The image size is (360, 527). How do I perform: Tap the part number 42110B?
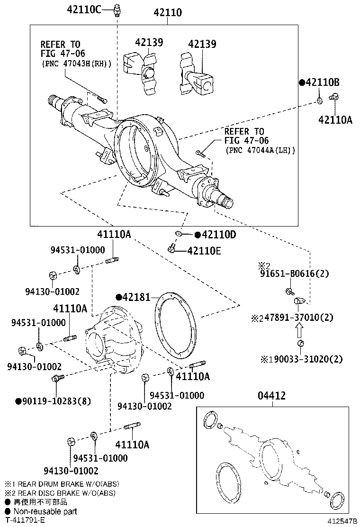coord(322,82)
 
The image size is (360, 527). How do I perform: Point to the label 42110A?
coord(335,120)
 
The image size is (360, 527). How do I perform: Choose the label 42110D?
coord(218,234)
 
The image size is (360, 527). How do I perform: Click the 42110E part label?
coord(204,251)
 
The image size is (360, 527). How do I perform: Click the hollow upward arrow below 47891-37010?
coord(300,329)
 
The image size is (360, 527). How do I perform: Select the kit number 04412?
coord(271,396)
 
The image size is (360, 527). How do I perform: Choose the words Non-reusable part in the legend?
coord(45,511)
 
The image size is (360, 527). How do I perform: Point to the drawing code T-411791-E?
coord(25,520)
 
